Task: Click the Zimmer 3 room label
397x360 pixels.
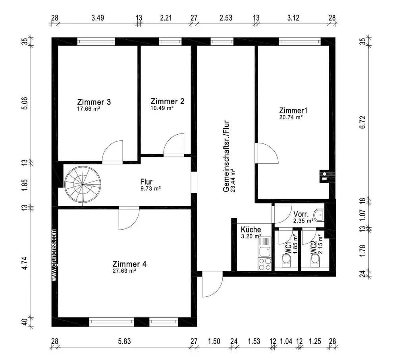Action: (x=94, y=102)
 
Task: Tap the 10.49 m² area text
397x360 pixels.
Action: (x=162, y=108)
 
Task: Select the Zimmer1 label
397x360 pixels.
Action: (x=293, y=110)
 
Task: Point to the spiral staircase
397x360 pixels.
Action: (x=83, y=185)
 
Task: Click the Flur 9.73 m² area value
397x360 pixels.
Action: (x=151, y=189)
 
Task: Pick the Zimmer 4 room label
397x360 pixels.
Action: (x=129, y=264)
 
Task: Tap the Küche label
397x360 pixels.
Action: (x=251, y=230)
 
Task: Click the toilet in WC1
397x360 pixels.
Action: (x=287, y=260)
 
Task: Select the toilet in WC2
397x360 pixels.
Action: (x=315, y=260)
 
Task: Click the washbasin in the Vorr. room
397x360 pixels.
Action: (x=319, y=215)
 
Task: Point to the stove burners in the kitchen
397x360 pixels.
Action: (x=264, y=264)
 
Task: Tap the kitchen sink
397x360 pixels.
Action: (x=264, y=252)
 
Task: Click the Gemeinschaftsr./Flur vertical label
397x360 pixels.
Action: (x=226, y=156)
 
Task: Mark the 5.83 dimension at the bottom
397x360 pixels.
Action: (x=124, y=341)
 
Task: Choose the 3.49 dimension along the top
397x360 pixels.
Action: (x=98, y=18)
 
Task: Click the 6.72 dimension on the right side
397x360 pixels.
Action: (x=362, y=122)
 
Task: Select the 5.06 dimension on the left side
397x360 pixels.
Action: (x=25, y=103)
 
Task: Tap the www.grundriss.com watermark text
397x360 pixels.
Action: (x=54, y=255)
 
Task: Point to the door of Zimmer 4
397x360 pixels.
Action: (x=129, y=218)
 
